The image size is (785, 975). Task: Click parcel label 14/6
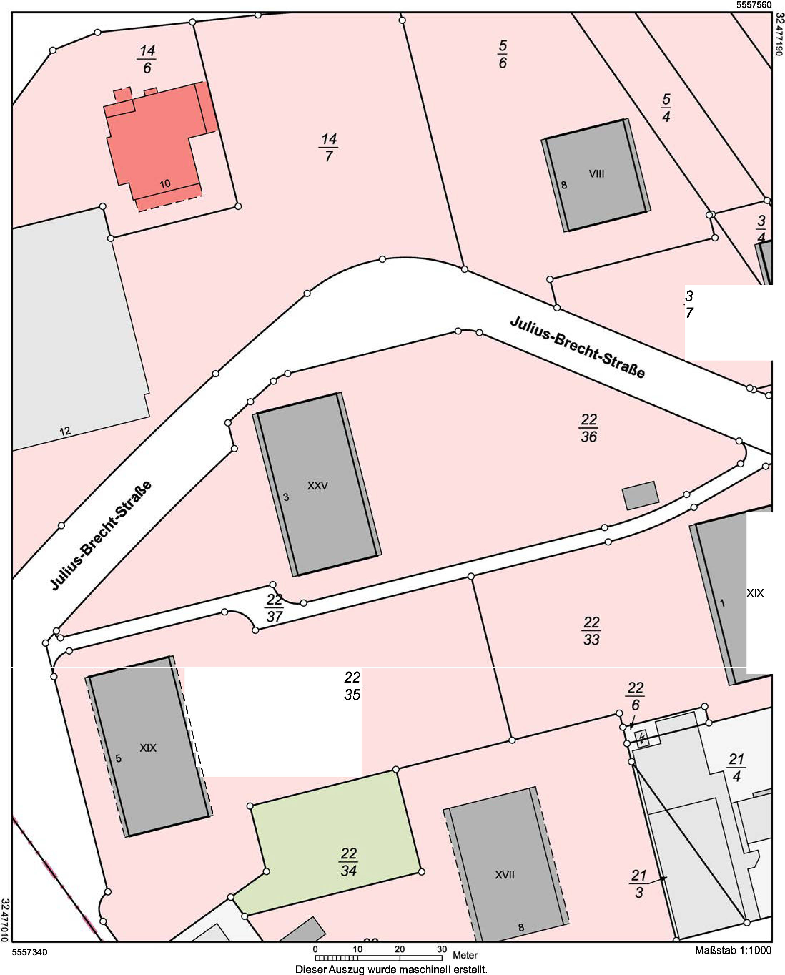click(147, 59)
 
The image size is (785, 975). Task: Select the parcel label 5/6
click(502, 54)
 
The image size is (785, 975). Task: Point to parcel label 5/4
click(666, 108)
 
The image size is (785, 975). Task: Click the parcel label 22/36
click(588, 428)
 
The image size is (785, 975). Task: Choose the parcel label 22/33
click(591, 631)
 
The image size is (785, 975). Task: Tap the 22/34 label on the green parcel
click(349, 862)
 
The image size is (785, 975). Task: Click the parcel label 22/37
click(275, 608)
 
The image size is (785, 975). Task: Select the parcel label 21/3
click(638, 884)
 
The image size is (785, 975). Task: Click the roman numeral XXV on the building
click(317, 486)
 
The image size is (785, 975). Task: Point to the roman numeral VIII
click(597, 174)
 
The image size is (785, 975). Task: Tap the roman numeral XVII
click(505, 875)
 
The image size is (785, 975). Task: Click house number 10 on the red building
click(165, 184)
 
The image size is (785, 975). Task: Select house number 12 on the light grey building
click(65, 431)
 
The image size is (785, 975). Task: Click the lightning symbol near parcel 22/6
click(642, 739)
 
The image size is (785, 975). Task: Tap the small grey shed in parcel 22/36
click(640, 496)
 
